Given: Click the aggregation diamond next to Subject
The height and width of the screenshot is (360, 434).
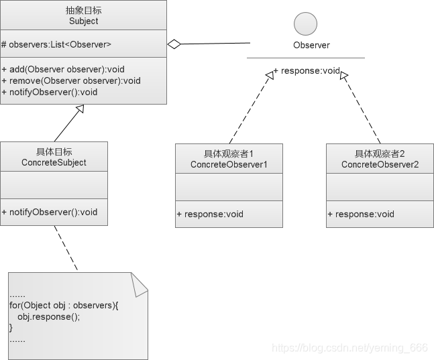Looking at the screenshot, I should point(174,44).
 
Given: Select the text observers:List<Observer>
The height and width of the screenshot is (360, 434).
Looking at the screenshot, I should point(57,44).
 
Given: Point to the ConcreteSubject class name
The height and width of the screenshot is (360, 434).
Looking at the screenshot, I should point(54,162).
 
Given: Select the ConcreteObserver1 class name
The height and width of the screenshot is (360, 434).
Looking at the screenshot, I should point(229,164).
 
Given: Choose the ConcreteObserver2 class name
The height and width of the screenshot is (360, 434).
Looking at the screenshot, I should point(380,164).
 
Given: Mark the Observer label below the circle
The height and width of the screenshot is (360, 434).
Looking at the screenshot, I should point(311,46).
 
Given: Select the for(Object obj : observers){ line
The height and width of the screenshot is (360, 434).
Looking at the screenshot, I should point(64,306).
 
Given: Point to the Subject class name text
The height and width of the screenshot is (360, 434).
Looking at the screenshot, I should point(83,21).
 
